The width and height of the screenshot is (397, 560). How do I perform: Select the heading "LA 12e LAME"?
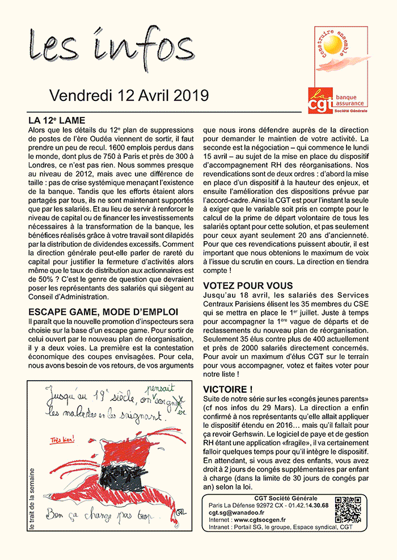tap(56, 121)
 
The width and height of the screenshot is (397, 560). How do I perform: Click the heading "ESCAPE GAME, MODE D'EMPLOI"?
tap(103, 312)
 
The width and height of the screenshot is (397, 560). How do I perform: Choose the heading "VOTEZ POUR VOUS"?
tap(248, 285)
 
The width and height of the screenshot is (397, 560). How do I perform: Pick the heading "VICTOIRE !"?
tap(227, 389)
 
